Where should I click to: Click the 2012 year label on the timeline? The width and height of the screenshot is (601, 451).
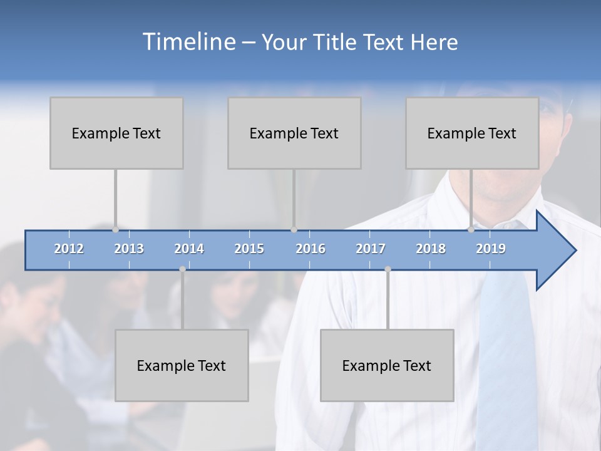pyautogui.click(x=69, y=249)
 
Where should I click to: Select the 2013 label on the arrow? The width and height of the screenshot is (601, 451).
pyautogui.click(x=129, y=249)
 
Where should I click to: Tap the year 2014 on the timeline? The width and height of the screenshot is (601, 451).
pyautogui.click(x=189, y=249)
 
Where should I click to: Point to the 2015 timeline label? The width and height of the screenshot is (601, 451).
pyautogui.click(x=249, y=249)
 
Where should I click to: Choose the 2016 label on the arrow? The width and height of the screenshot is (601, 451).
pyautogui.click(x=311, y=249)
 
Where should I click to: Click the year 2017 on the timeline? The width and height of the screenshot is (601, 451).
pyautogui.click(x=371, y=249)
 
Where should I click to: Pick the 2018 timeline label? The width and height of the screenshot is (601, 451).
pyautogui.click(x=431, y=249)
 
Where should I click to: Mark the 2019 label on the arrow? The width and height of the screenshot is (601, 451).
pyautogui.click(x=491, y=249)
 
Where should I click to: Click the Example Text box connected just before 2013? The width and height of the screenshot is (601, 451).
pyautogui.click(x=116, y=133)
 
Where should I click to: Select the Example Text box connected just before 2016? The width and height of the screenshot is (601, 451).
pyautogui.click(x=294, y=133)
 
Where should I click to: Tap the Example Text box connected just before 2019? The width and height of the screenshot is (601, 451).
pyautogui.click(x=472, y=133)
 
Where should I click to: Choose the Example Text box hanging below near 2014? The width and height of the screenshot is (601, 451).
pyautogui.click(x=182, y=365)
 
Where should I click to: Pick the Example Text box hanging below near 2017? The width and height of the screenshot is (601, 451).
pyautogui.click(x=387, y=365)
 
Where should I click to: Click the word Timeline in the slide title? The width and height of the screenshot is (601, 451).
pyautogui.click(x=188, y=42)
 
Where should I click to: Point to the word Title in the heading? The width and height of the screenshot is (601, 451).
pyautogui.click(x=336, y=43)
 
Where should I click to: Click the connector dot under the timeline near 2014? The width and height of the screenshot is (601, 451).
pyautogui.click(x=182, y=269)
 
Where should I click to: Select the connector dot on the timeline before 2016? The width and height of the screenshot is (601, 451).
pyautogui.click(x=294, y=230)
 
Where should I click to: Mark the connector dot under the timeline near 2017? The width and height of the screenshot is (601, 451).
pyautogui.click(x=388, y=269)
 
